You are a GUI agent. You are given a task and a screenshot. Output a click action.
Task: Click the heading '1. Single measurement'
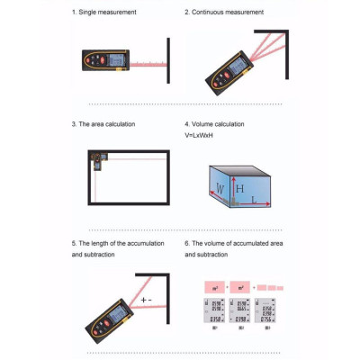[x=104, y=13]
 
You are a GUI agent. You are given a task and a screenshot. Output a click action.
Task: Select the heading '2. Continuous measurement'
[x=224, y=13]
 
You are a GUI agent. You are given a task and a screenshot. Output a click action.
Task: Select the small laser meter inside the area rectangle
[x=97, y=160]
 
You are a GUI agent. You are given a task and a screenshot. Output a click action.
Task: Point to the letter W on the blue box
[x=221, y=190]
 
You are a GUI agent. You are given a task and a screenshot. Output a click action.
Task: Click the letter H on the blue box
[x=239, y=189]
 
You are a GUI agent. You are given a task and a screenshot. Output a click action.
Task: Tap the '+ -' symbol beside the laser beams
[x=147, y=299]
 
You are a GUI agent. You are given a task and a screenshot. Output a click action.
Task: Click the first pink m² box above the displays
[x=214, y=286]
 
